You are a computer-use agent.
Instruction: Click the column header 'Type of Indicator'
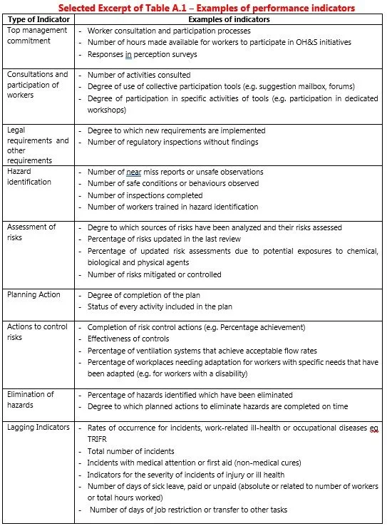(x=38, y=20)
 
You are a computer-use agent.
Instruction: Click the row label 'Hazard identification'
(x=29, y=177)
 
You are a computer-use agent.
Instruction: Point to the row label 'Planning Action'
(x=33, y=295)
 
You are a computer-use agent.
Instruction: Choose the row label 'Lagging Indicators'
(x=38, y=427)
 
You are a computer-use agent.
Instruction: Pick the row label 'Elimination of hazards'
(x=31, y=399)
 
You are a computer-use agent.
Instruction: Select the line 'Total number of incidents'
(x=131, y=451)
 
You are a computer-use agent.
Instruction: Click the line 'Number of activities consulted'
(x=139, y=75)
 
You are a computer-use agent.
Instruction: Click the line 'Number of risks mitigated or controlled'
(x=155, y=274)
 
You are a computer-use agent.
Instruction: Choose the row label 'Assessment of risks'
(x=31, y=232)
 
